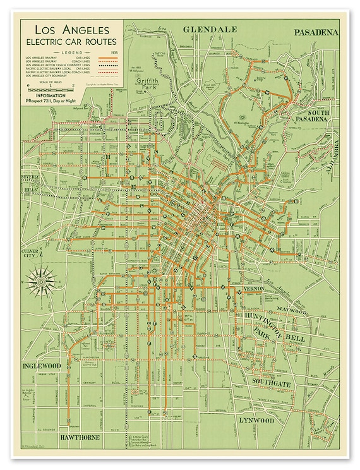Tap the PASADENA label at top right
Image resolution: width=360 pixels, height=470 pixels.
point(316,32)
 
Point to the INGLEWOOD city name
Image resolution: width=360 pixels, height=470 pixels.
point(42,366)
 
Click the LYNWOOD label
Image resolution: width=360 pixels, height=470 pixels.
point(256,419)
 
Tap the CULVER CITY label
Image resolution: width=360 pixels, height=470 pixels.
point(32,254)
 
